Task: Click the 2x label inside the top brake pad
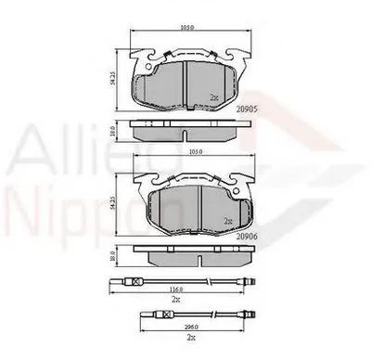pyautogui.click(x=215, y=96)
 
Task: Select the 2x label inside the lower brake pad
pyautogui.click(x=225, y=222)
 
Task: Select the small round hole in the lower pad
pyautogui.click(x=228, y=192)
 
